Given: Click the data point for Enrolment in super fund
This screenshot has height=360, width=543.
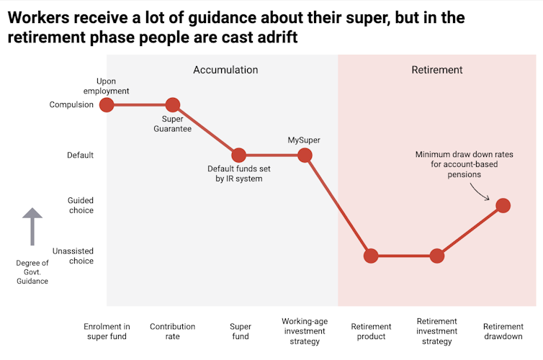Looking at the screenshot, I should [x=107, y=104].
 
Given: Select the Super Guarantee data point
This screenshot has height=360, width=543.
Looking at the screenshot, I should [x=172, y=104].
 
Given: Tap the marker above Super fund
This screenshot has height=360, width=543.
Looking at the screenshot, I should [x=238, y=155].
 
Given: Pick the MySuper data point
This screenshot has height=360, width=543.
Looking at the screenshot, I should [x=305, y=155].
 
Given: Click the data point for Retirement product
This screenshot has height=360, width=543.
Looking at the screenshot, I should [x=371, y=256].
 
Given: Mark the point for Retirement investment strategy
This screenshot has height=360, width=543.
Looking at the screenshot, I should [x=436, y=256].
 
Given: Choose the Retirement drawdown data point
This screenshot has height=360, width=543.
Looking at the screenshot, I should [x=503, y=205].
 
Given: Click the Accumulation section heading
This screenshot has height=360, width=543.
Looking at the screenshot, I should [x=225, y=70].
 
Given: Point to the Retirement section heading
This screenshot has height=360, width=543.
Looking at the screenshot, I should [x=437, y=70].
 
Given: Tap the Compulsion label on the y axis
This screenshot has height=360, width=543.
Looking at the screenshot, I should [x=71, y=104].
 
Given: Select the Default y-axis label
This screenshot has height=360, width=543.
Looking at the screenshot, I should [x=80, y=155].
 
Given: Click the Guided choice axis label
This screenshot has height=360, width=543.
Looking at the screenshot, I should [x=80, y=205].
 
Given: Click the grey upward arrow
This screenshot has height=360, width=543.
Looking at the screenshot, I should [x=32, y=227].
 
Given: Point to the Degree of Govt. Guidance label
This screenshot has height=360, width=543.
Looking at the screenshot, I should [x=32, y=272].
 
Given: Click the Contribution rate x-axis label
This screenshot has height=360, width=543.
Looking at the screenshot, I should [x=172, y=331].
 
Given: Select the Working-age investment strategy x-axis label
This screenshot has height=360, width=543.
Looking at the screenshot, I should [x=305, y=331].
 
